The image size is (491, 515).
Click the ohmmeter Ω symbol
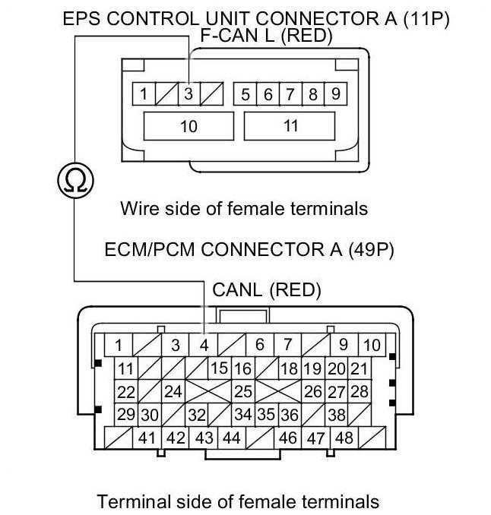click(x=74, y=180)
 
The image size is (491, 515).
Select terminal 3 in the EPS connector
click(x=188, y=95)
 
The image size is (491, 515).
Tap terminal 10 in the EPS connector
click(x=188, y=126)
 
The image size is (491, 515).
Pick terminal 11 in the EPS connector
click(x=291, y=126)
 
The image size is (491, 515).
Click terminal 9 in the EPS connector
click(x=336, y=95)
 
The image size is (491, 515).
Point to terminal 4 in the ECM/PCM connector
click(x=204, y=345)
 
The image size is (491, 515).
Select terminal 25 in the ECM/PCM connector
click(x=243, y=392)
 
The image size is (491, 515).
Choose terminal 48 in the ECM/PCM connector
click(x=344, y=438)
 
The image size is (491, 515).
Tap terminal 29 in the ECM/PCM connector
click(x=126, y=415)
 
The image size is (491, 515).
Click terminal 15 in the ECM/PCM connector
click(x=220, y=369)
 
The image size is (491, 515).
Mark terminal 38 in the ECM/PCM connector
click(x=336, y=415)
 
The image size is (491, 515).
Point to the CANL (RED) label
click(x=267, y=289)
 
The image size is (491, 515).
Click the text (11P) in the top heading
click(x=424, y=19)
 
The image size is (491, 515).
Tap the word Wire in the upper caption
click(x=136, y=207)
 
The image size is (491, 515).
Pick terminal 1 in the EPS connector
click(x=142, y=95)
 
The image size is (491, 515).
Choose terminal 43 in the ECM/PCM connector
click(x=204, y=438)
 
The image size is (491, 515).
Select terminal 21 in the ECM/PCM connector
click(x=360, y=369)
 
